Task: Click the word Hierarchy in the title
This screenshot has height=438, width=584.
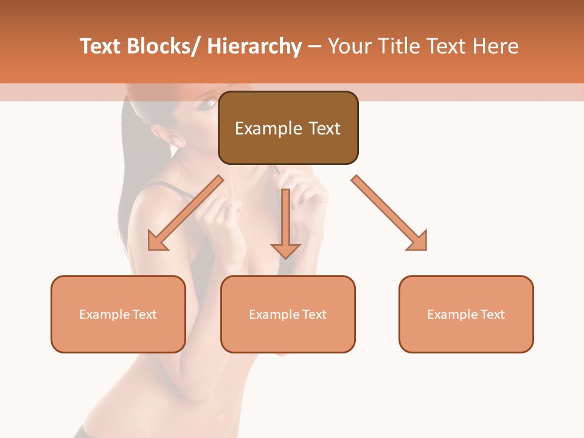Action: click(x=254, y=46)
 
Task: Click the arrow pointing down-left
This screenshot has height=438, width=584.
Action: click(x=185, y=214)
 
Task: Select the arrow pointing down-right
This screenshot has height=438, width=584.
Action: click(x=389, y=213)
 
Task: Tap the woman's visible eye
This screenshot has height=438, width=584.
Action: click(x=207, y=103)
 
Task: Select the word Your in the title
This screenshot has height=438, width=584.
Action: click(x=350, y=46)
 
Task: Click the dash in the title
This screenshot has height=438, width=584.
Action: click(x=315, y=47)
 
